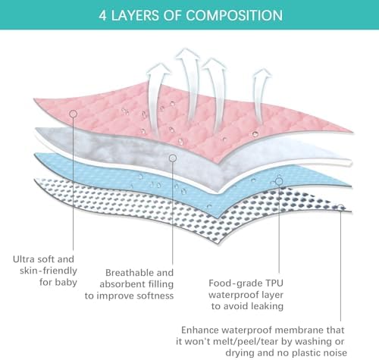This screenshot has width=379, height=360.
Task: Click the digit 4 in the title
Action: (102, 15)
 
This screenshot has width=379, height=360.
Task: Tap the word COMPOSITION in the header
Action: (234, 15)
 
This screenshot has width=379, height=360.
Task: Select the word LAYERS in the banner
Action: (135, 15)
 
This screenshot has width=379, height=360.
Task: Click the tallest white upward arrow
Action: (188, 83)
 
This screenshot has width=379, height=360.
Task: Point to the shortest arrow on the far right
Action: (262, 97)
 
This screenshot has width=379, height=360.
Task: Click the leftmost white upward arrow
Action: (157, 99)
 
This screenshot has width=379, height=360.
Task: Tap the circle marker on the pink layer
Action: (73, 114)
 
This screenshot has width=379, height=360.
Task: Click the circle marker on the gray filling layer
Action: (173, 158)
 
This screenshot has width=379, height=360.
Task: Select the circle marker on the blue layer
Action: (279, 181)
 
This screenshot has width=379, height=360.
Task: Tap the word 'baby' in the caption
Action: (66, 283)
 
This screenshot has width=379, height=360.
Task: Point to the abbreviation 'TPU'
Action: (274, 283)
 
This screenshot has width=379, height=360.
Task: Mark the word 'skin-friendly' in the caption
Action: (49, 271)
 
